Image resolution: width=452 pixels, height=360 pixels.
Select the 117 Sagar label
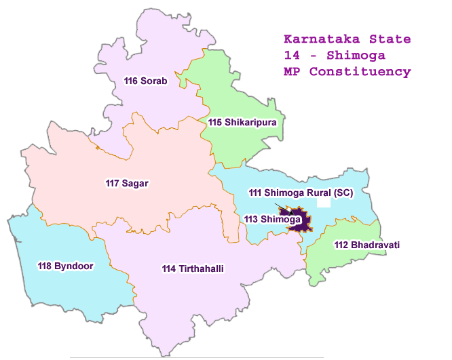127,183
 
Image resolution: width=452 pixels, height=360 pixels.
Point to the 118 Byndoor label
66,266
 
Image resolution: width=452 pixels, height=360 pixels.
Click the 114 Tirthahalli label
193,269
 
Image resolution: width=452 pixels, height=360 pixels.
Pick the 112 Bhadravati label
362,244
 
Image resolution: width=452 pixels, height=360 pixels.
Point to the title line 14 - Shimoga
329,54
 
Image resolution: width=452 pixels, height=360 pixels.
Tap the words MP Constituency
347,71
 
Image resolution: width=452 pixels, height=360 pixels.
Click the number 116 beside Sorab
131,81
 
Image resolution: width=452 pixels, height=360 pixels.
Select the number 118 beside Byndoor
46,266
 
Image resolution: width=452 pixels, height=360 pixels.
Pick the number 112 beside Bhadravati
342,244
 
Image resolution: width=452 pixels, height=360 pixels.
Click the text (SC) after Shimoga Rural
342,193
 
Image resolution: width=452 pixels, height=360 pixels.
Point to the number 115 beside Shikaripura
216,122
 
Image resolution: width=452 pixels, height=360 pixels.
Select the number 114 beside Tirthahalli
170,269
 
